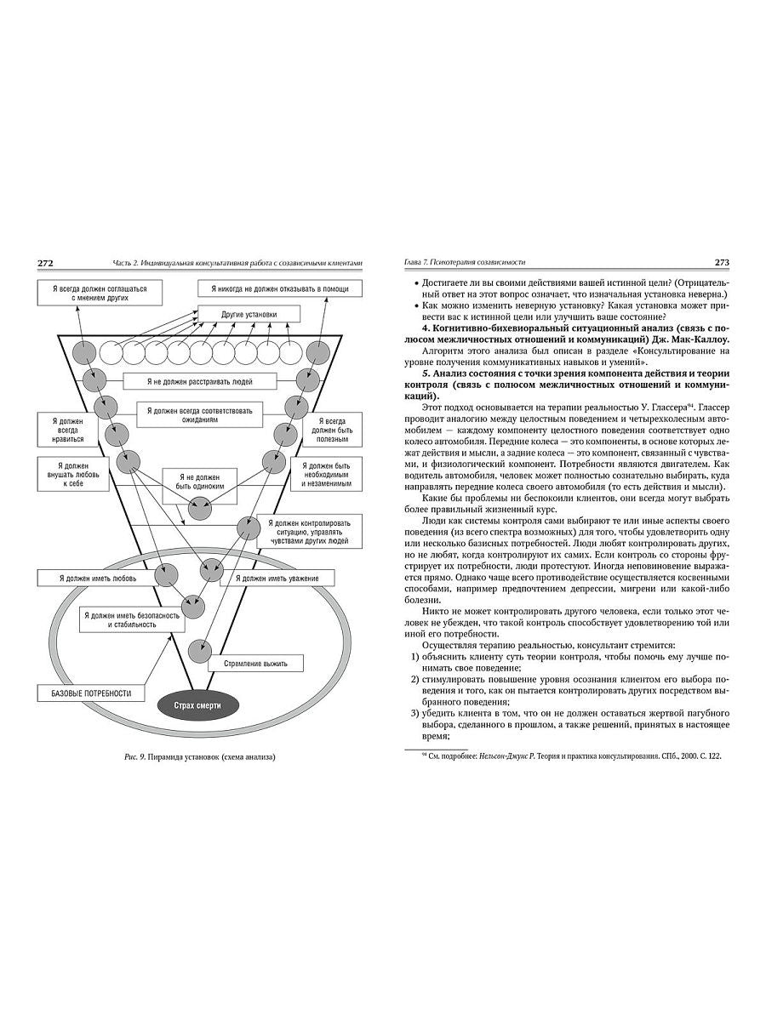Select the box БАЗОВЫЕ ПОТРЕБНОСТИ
pyautogui.click(x=86, y=693)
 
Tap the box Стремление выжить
pyautogui.click(x=256, y=662)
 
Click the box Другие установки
pyautogui.click(x=249, y=314)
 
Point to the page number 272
pyautogui.click(x=46, y=263)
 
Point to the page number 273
pyautogui.click(x=717, y=263)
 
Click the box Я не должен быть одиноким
pyautogui.click(x=200, y=480)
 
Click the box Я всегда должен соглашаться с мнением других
pyautogui.click(x=98, y=294)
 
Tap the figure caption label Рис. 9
pyautogui.click(x=138, y=757)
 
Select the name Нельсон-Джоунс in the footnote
pyautogui.click(x=500, y=755)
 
